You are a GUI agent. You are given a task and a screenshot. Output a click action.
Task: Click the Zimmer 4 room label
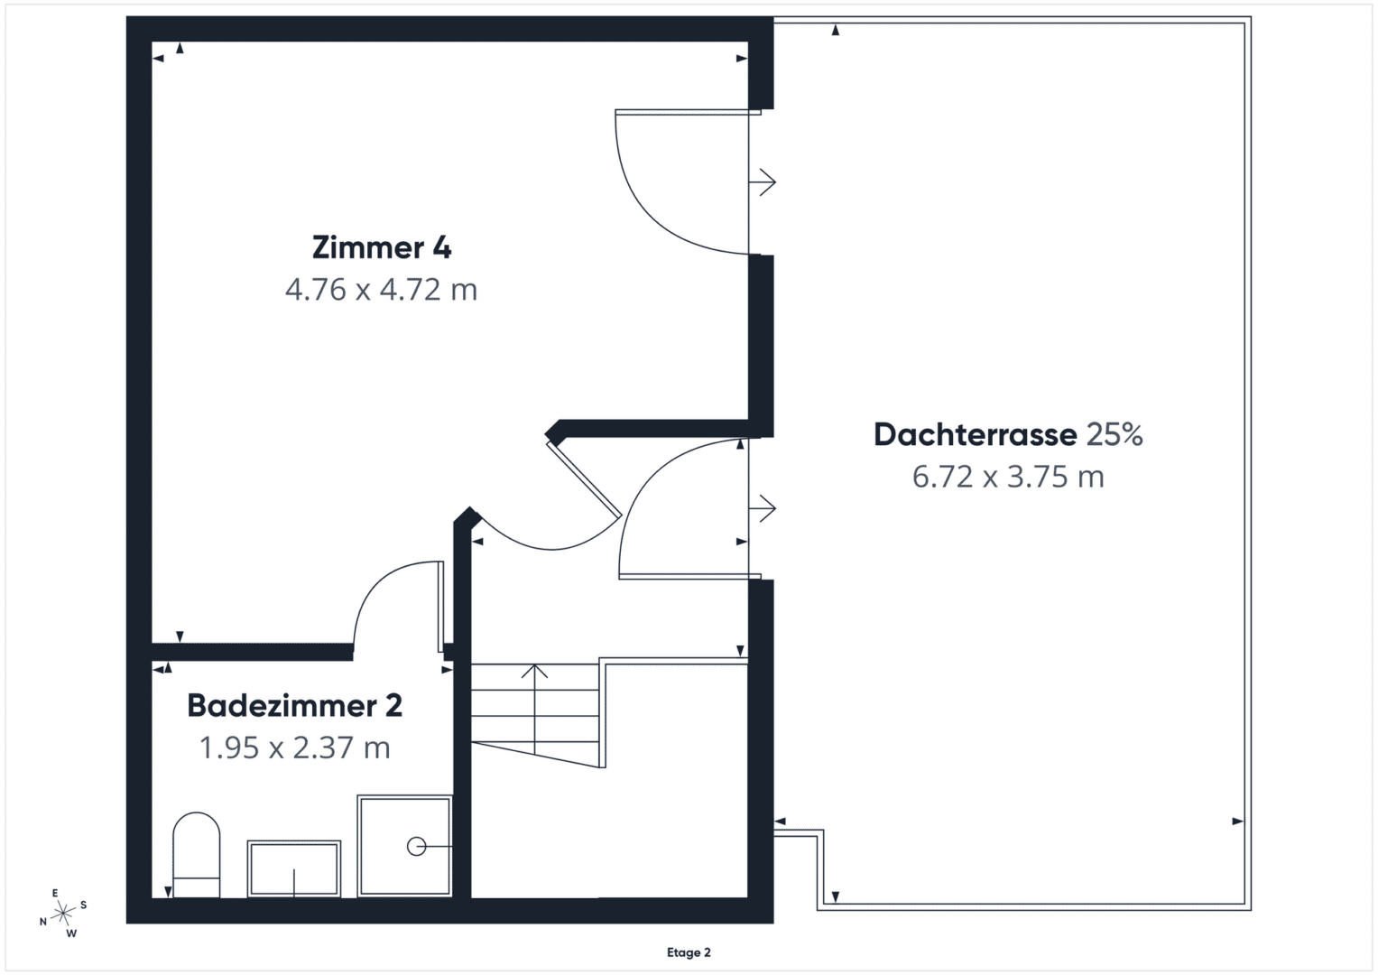[382, 247]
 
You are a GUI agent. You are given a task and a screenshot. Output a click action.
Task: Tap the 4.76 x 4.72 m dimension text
[382, 289]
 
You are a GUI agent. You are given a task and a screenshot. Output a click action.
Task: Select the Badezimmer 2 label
[295, 705]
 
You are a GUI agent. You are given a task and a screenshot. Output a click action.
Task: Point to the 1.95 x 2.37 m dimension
[295, 747]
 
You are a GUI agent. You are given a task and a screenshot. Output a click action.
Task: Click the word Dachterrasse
[975, 434]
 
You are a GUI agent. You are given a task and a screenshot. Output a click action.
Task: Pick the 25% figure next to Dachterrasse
[1114, 434]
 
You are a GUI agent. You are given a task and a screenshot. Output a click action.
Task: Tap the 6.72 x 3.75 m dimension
[1008, 477]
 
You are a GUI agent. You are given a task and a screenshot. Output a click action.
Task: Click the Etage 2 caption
[689, 952]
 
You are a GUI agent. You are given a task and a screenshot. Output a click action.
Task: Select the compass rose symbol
[63, 913]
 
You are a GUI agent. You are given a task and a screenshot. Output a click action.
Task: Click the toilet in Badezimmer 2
[196, 854]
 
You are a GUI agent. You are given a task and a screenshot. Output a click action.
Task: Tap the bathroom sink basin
[294, 868]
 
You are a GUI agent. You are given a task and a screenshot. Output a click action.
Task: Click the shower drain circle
[417, 847]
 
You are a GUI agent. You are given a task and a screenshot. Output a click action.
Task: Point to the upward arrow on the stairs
[534, 709]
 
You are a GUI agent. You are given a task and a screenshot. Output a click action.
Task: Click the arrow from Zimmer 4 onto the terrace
[763, 182]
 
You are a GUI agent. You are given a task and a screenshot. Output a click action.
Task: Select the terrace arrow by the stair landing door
[763, 508]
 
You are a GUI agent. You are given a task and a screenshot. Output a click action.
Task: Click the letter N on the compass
[43, 922]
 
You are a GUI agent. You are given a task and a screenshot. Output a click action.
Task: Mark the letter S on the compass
[84, 905]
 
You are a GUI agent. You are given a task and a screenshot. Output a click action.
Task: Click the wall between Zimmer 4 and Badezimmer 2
[252, 652]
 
